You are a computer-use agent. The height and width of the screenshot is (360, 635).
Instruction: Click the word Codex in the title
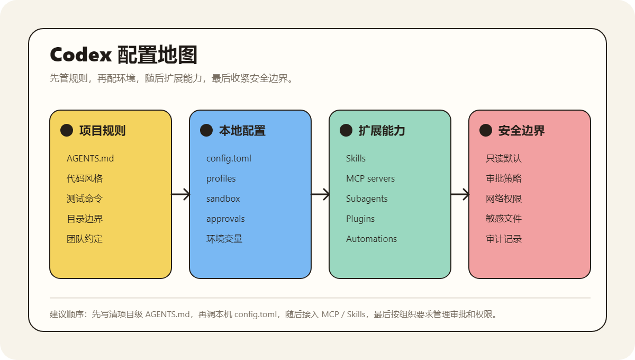point(81,55)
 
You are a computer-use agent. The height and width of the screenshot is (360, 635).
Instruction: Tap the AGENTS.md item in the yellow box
point(90,158)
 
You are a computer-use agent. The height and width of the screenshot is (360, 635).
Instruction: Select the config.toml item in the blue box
point(229,159)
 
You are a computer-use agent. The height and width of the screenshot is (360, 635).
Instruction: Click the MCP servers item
point(370,178)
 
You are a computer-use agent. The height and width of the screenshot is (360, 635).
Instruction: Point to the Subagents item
point(367,199)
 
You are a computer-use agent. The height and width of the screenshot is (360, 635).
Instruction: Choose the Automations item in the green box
point(371,239)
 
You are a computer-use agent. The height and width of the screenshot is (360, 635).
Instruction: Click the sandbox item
point(223,199)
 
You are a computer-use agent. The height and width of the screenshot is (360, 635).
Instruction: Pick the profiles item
point(221,179)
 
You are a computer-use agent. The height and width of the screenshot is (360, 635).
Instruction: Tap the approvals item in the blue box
point(225,219)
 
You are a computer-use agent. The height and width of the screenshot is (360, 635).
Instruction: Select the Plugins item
point(360,219)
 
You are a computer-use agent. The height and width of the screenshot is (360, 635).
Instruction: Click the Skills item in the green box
point(356,158)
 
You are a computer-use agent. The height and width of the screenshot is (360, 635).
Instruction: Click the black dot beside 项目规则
point(67,130)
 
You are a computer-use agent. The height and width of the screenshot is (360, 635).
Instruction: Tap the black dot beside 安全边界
point(486,130)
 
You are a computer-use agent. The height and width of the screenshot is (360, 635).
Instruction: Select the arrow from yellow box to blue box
point(180,194)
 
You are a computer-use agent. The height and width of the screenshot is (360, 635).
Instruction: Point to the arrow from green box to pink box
point(460,194)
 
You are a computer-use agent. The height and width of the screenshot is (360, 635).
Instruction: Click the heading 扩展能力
point(382,130)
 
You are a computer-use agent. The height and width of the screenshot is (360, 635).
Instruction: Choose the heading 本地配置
point(242,130)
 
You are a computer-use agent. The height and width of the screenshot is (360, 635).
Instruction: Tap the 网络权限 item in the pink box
point(504,199)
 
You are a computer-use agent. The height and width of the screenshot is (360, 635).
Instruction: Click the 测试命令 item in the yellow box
point(85,199)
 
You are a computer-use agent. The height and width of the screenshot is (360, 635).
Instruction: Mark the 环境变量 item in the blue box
point(224,239)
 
